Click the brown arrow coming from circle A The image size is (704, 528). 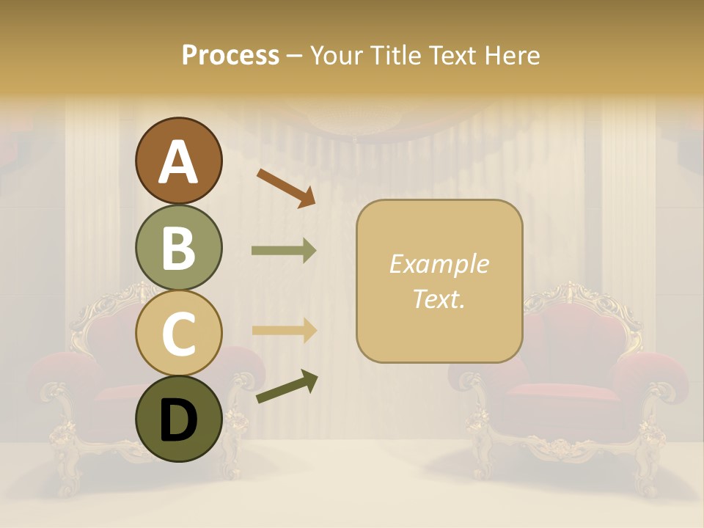[x=286, y=187]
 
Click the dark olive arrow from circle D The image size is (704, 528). [x=287, y=387]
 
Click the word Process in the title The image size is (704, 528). [x=230, y=55]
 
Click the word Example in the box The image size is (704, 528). [x=439, y=264]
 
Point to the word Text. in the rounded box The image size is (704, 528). [x=439, y=298]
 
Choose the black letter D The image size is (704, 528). [x=179, y=420]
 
